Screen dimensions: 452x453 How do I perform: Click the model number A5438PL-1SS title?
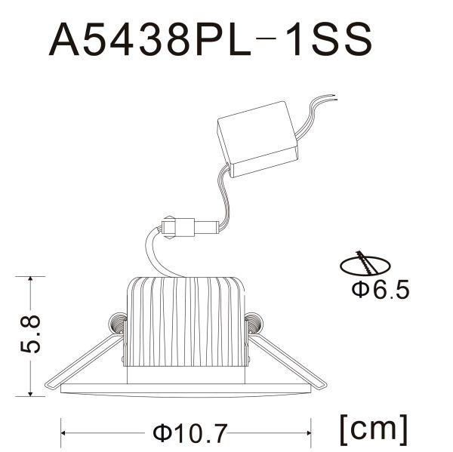[x=211, y=39]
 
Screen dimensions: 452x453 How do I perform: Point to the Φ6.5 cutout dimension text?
[x=381, y=289]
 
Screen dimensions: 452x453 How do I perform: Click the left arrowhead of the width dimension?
[x=65, y=433]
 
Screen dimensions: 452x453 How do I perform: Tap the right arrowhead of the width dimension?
[x=310, y=433]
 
